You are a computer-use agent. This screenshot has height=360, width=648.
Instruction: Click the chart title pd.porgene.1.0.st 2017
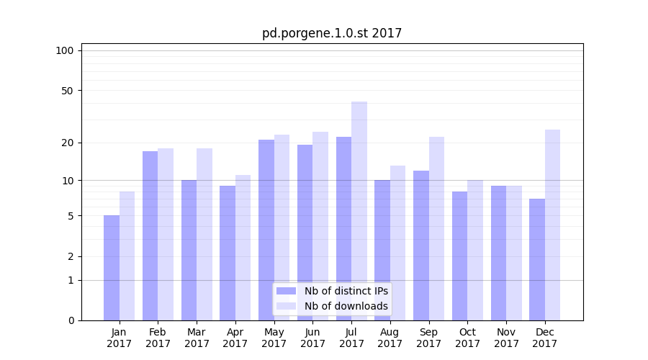(331, 33)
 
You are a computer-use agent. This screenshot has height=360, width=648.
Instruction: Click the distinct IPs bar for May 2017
(266, 230)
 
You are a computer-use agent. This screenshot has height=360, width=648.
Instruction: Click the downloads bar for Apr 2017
(243, 248)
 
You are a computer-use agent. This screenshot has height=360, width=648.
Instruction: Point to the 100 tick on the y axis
(65, 50)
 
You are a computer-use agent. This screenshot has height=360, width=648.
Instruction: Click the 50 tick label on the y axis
(67, 91)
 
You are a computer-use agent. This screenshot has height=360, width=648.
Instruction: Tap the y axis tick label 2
(71, 256)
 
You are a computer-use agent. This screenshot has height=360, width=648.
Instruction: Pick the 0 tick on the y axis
(71, 320)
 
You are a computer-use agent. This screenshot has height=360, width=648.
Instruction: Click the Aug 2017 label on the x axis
(390, 338)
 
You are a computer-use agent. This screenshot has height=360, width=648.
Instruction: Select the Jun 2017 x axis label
(312, 338)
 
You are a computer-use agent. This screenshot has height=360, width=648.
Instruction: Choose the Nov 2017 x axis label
(506, 338)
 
